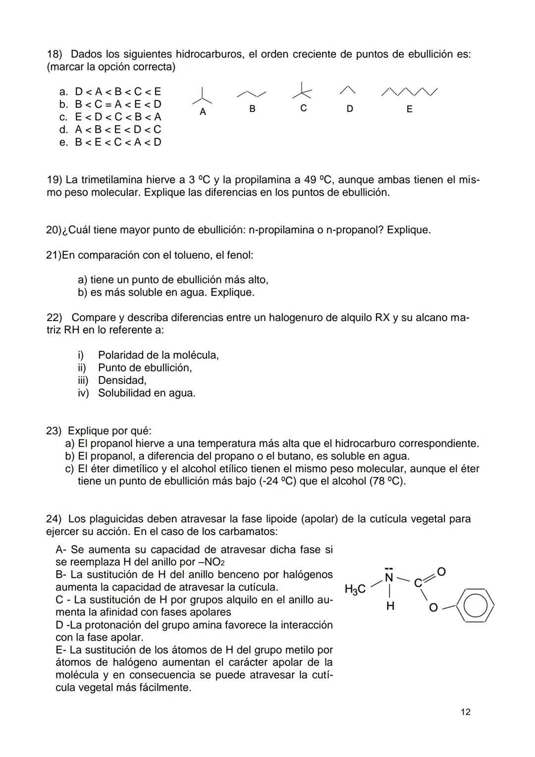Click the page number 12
[465, 712]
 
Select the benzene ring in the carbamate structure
[475, 605]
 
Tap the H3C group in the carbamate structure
[355, 589]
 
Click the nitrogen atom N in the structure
[389, 577]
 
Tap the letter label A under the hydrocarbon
[202, 112]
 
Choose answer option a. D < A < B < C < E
[110, 92]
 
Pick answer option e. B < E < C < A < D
[110, 142]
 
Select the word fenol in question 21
[239, 255]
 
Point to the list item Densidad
[122, 380]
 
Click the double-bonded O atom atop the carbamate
[441, 572]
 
